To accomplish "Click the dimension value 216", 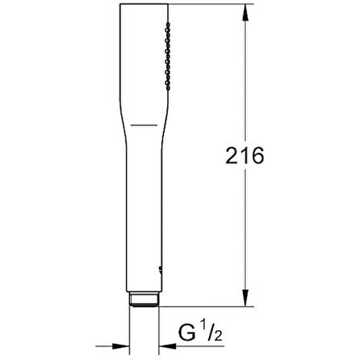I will pyautogui.click(x=245, y=156).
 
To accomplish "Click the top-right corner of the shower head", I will pyautogui.click(x=172, y=6).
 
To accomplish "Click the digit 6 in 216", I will pyautogui.click(x=259, y=156).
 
